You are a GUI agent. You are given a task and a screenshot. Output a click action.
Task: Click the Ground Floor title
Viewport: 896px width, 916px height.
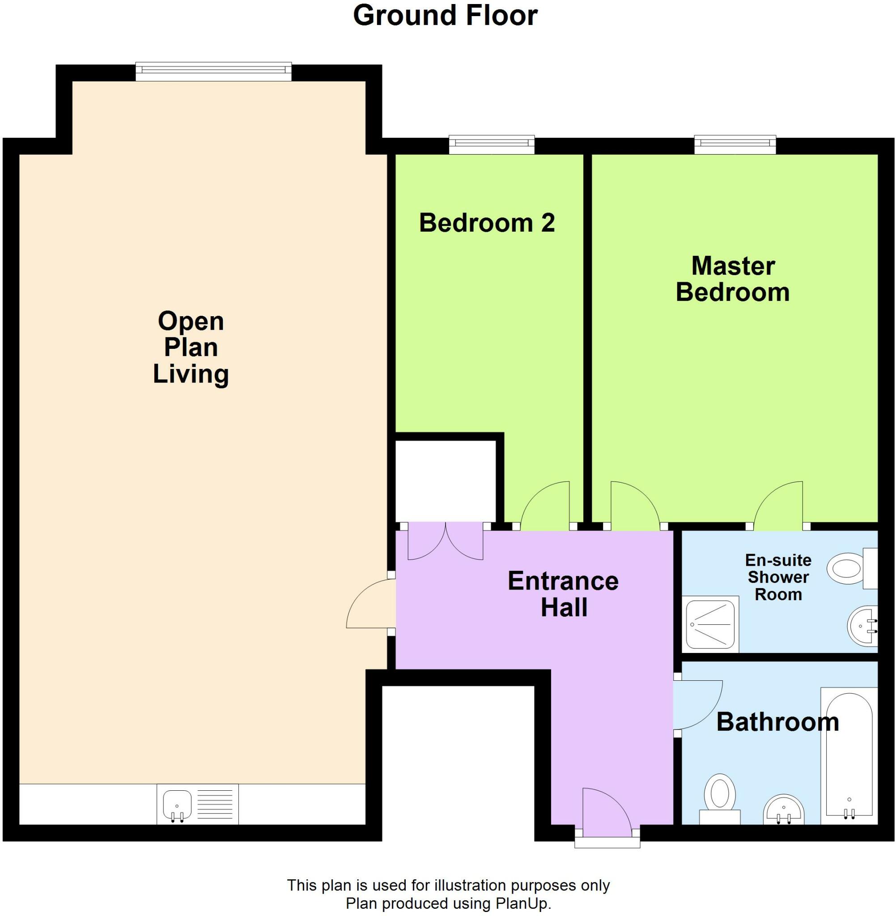(x=445, y=16)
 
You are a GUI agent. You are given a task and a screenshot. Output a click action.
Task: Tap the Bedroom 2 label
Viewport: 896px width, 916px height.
(x=487, y=223)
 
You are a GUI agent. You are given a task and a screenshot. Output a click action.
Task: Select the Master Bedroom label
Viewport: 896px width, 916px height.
(x=733, y=280)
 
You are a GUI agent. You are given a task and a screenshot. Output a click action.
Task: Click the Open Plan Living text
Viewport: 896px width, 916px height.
(x=191, y=348)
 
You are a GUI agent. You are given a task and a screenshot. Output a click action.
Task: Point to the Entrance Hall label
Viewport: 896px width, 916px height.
(x=563, y=594)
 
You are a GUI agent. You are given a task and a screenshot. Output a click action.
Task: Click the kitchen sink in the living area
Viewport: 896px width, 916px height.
(x=178, y=806)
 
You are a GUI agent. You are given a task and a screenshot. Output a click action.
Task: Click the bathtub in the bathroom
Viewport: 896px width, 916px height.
(x=849, y=758)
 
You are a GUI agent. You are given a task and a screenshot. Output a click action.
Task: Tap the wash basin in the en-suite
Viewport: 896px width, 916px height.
(x=863, y=626)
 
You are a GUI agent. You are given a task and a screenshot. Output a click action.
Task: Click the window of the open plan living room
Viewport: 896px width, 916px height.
(x=214, y=70)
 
